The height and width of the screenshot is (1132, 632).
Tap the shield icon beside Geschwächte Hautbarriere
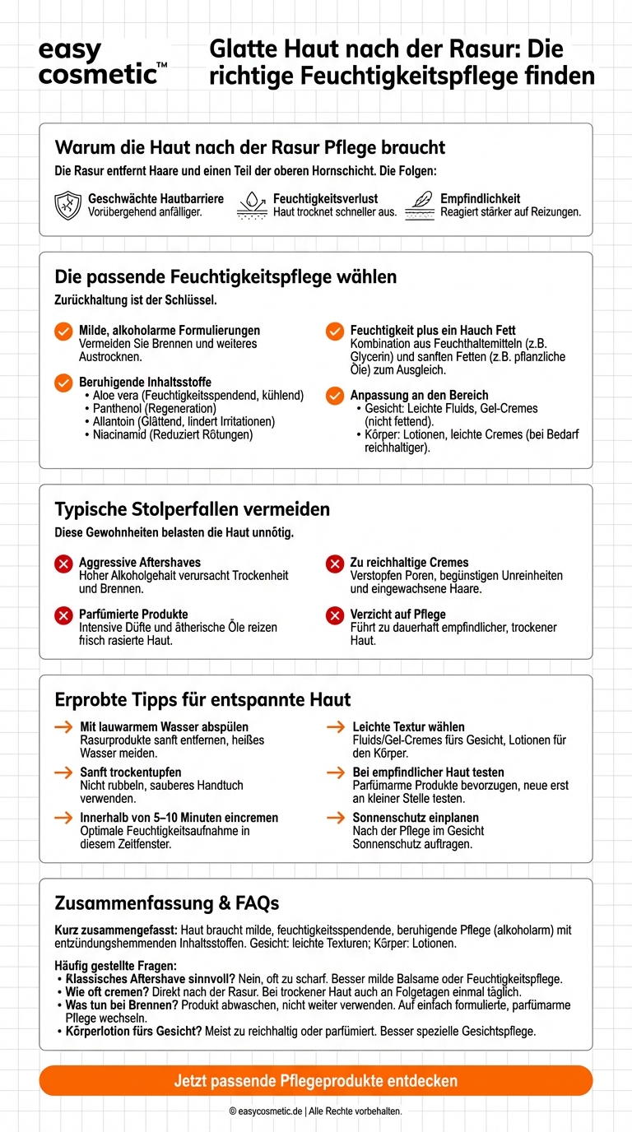pyautogui.click(x=67, y=205)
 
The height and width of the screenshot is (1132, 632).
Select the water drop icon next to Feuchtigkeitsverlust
pyautogui.click(x=252, y=205)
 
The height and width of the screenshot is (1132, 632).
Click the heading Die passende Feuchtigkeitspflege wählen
pyautogui.click(x=225, y=276)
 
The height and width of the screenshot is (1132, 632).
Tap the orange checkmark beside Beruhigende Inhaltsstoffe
pyautogui.click(x=63, y=383)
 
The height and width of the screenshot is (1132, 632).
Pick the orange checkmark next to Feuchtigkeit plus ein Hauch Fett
pyautogui.click(x=335, y=331)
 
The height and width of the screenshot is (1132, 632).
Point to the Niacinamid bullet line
pyautogui.click(x=168, y=434)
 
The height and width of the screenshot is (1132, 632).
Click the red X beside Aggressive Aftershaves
pyautogui.click(x=63, y=564)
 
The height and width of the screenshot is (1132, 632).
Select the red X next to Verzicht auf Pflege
pyautogui.click(x=335, y=615)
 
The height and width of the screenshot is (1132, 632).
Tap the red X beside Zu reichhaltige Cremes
pyautogui.click(x=335, y=564)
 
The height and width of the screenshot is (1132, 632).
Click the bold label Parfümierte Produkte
pyautogui.click(x=133, y=615)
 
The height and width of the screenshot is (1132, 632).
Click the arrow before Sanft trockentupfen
pyautogui.click(x=63, y=772)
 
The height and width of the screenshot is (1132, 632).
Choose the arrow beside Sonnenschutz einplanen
pyautogui.click(x=336, y=818)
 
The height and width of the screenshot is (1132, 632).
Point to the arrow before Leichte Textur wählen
pyautogui.click(x=336, y=727)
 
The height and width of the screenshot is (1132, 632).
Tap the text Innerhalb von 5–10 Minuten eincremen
pyautogui.click(x=179, y=818)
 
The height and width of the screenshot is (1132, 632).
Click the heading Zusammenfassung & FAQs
pyautogui.click(x=166, y=903)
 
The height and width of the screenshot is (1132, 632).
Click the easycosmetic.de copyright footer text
pyautogui.click(x=315, y=1111)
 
